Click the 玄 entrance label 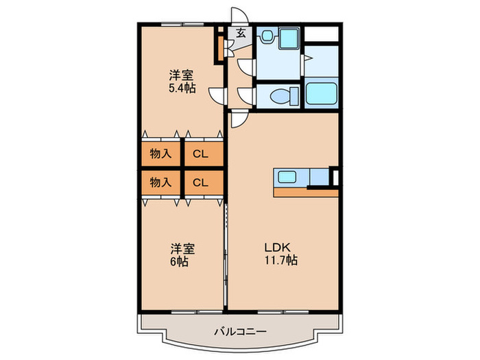click(241, 32)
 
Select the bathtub click(321, 95)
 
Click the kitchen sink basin click(287, 178)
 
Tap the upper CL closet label click(200, 154)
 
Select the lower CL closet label click(200, 182)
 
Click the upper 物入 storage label click(160, 154)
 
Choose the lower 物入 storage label click(160, 182)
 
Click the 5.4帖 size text click(181, 88)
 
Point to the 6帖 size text click(180, 262)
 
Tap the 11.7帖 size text click(282, 261)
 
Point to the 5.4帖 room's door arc click(217, 97)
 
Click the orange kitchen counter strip click(306, 192)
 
